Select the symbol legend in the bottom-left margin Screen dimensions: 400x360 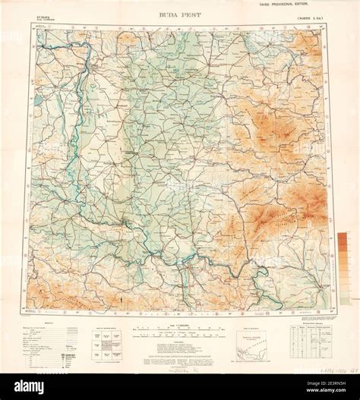pyautogui.click(x=49, y=342)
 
